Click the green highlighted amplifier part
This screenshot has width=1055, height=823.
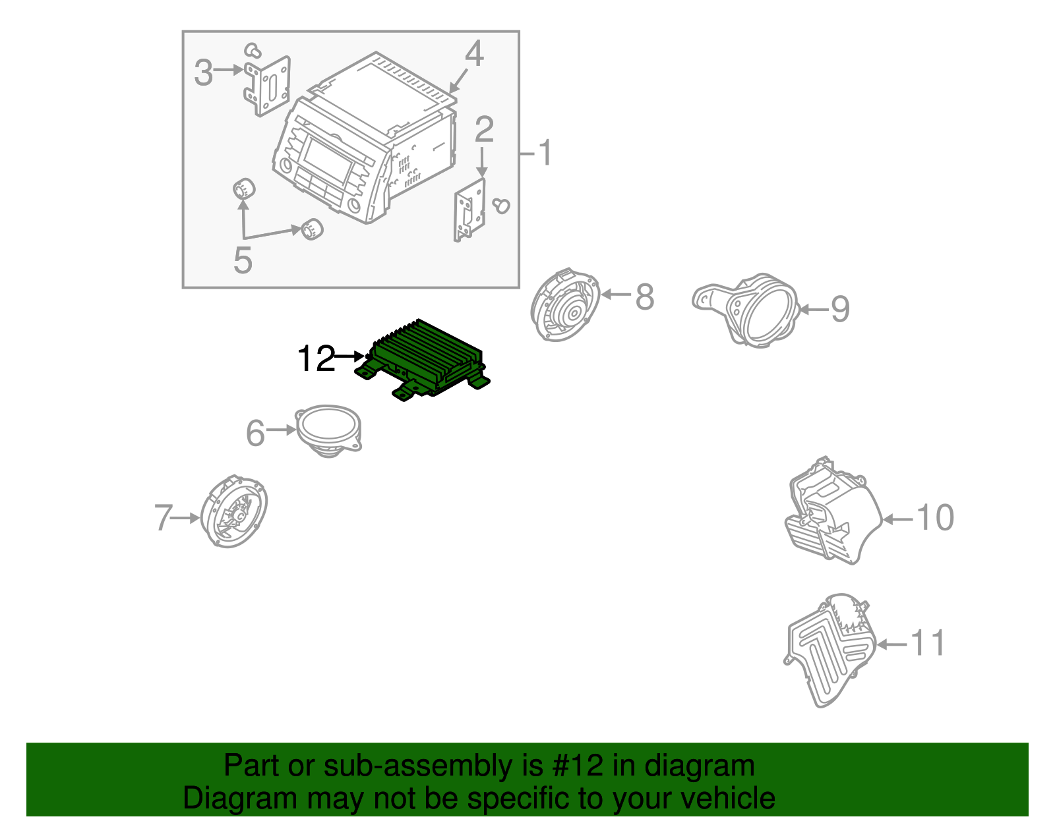pos(425,359)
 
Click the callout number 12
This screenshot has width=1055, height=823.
pos(316,359)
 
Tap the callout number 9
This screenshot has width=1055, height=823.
pos(839,309)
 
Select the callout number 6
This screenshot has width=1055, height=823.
pos(255,433)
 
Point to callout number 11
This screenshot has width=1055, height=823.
pos(928,643)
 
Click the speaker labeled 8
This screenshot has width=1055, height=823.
pos(566,305)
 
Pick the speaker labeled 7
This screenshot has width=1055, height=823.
pos(234,512)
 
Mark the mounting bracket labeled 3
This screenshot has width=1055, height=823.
pos(268,86)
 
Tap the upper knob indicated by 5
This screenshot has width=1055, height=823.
pos(244,189)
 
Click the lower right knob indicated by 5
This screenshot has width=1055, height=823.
pos(311,229)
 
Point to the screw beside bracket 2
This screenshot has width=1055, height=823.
pos(502,206)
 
